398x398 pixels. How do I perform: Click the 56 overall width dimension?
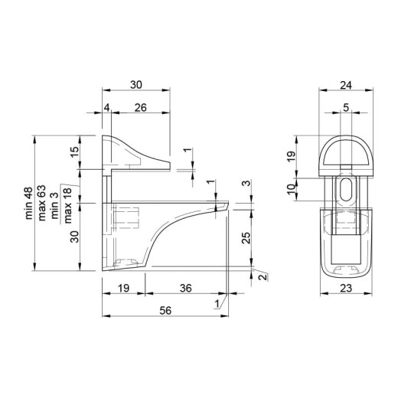tap(165, 311)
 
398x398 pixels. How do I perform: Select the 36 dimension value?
tap(186, 289)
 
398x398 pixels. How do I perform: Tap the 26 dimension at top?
tap(141, 108)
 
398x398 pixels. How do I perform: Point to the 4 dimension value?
tap(107, 108)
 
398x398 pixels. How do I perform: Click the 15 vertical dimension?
tap(75, 152)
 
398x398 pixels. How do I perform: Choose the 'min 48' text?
tap(29, 204)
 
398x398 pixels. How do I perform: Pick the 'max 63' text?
tap(42, 203)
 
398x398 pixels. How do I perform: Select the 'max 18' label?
tap(68, 206)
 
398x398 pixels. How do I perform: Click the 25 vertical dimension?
tap(246, 238)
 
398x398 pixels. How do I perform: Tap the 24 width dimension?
tap(346, 85)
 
